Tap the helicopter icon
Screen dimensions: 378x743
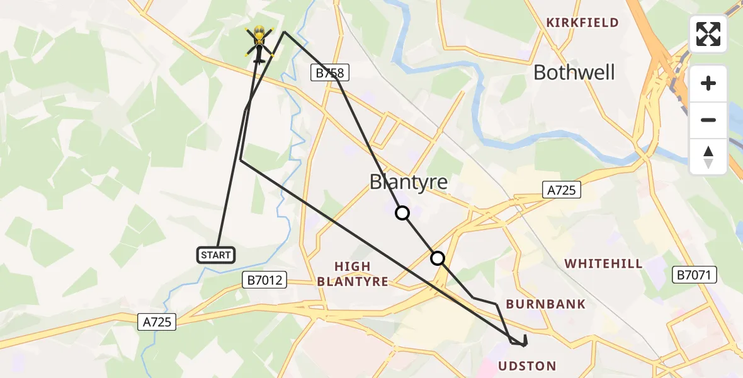259,43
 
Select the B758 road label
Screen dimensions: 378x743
329,73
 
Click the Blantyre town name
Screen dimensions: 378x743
409,182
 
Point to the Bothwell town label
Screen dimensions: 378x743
574,72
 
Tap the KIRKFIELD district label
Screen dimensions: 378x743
582,23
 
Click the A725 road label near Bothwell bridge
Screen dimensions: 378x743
562,190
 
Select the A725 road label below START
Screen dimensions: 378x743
157,321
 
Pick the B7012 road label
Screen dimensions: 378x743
265,280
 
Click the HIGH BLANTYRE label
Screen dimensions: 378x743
353,274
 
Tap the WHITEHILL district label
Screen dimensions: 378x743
603,263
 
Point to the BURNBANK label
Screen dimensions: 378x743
545,304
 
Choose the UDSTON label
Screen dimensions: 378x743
527,366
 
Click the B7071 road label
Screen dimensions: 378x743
695,274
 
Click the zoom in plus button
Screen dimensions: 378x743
708,83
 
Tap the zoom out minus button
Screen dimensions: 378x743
708,120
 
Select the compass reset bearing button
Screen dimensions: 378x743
708,157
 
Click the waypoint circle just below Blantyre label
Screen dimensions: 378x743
402,214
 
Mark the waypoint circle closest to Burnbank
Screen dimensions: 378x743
438,258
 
